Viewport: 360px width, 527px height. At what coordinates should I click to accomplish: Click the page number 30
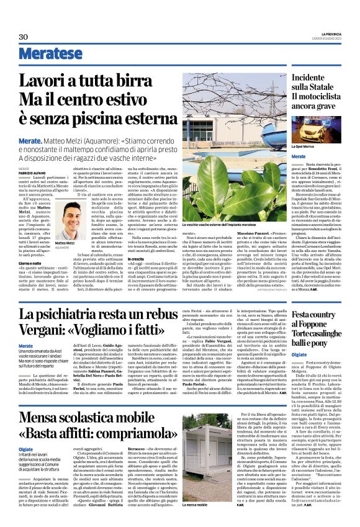tap(24, 37)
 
